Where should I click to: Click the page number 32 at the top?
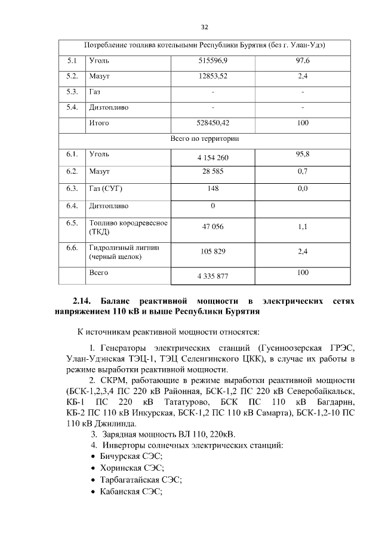point(204,27)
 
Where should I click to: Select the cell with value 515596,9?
point(212,61)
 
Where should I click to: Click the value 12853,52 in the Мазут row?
point(212,77)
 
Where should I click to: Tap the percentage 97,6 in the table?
point(302,61)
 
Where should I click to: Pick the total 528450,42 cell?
point(212,124)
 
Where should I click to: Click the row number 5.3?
point(72,92)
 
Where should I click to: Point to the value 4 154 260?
point(212,158)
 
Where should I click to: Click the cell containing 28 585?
point(212,172)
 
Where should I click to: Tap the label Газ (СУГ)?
point(106,189)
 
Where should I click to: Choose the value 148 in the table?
point(212,189)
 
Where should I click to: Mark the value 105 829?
point(212,252)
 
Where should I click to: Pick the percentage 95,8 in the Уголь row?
point(302,154)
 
